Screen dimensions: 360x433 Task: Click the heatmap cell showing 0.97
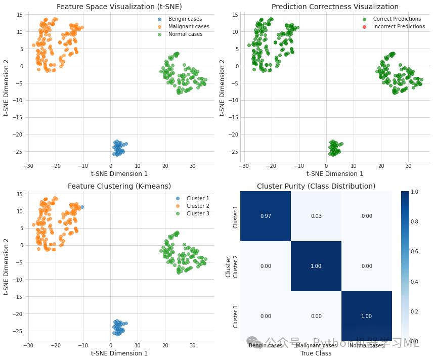tap(265, 216)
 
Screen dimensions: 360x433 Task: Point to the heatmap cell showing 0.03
tap(316, 216)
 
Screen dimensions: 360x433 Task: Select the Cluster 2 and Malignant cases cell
tap(316, 266)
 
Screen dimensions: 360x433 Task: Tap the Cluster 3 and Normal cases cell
tap(366, 316)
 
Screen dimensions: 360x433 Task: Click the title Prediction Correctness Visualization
tap(335, 7)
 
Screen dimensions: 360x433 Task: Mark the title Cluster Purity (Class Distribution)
tap(316, 186)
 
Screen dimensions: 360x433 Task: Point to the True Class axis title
tap(316, 353)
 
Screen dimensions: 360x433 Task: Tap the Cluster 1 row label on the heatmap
tap(235, 217)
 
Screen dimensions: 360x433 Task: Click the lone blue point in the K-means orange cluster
tap(82, 207)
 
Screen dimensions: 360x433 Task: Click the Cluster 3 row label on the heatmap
tap(235, 317)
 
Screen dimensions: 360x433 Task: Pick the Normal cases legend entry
tap(185, 34)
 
